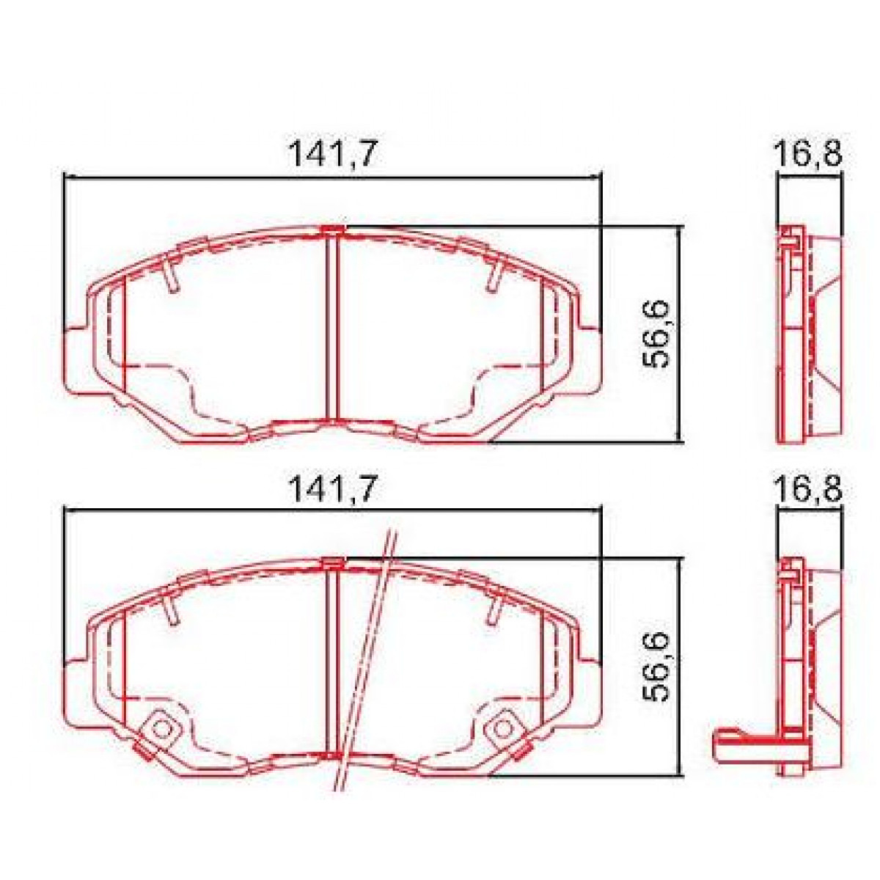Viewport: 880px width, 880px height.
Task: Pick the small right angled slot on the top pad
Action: click(494, 276)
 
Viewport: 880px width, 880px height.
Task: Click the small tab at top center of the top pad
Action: click(333, 231)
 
